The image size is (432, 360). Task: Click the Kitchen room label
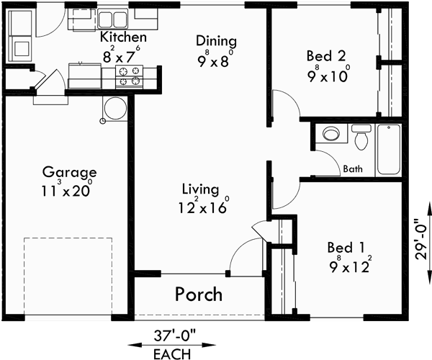coord(124,37)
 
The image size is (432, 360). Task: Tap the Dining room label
coord(217,41)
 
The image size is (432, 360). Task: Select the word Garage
coord(69,172)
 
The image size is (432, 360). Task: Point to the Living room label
coord(200,190)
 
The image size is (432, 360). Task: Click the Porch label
coord(199,294)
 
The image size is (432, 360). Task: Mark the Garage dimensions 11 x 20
coord(69,191)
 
